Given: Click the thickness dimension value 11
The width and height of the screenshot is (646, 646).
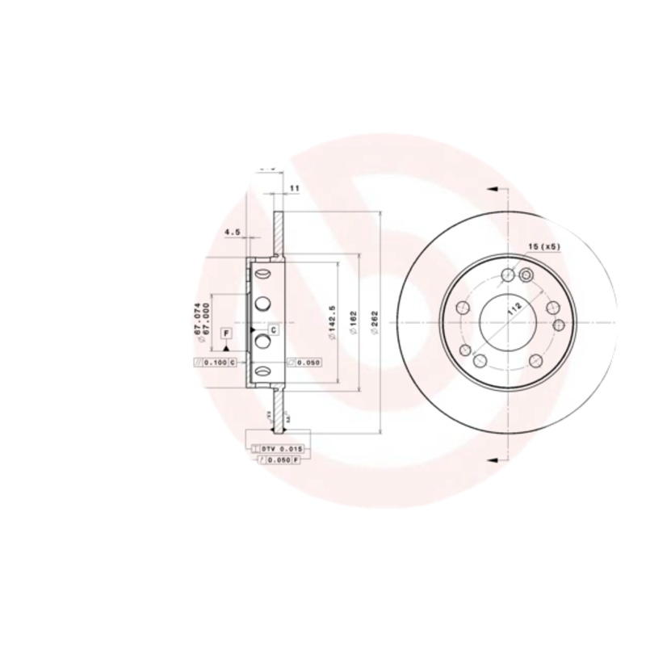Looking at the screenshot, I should (294, 188).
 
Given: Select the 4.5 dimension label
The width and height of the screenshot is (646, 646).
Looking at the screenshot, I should (233, 232).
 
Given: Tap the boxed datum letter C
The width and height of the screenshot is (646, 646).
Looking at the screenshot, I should (273, 330).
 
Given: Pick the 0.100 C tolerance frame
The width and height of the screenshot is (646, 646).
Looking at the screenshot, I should (216, 363).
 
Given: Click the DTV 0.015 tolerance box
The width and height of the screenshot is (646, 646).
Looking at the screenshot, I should (277, 447).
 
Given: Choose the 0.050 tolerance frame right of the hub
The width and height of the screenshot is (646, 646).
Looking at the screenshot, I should (304, 363).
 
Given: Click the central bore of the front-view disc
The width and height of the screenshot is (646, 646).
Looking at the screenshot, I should (507, 320).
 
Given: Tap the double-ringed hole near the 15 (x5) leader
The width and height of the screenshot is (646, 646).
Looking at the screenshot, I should (526, 276).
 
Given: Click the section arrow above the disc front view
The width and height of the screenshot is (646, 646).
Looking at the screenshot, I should (492, 190).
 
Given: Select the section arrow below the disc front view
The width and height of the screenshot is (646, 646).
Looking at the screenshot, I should (492, 459).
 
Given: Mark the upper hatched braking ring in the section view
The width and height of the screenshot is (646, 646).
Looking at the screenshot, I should (279, 234).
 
